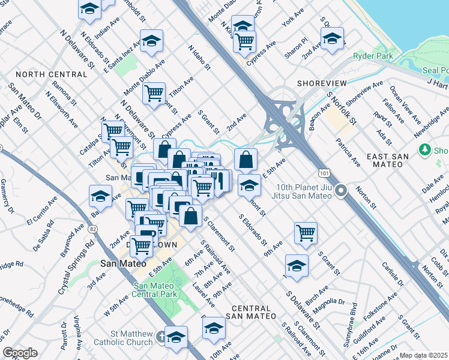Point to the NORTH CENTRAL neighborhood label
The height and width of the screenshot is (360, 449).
[x=52, y=74]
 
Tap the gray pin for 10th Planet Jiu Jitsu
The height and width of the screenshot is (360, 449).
[x=341, y=191]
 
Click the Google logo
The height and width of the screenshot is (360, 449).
[x=20, y=353]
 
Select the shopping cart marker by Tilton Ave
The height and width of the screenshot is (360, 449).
[x=154, y=92]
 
